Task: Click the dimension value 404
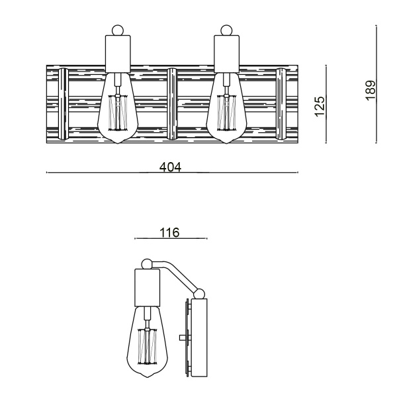pos(171,167)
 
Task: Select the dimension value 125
pos(320,105)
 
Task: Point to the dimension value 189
pos(371,90)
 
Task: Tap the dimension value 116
pos(170,232)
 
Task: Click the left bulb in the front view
pos(118,112)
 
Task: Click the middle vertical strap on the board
pos(172,105)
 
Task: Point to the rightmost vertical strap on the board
pos(282,105)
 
